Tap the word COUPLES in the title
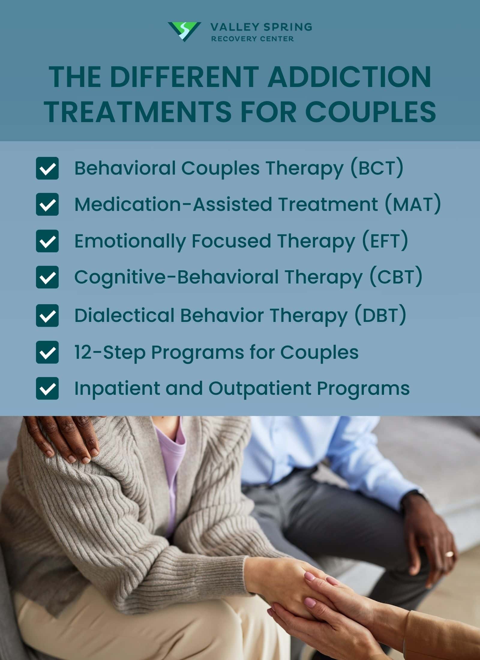(x=370, y=112)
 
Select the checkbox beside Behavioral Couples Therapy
(x=47, y=168)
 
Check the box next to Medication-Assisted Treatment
(x=47, y=204)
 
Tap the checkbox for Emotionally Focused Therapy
(x=47, y=241)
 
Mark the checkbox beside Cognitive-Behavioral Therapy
(x=47, y=277)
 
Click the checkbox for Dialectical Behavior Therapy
(x=47, y=316)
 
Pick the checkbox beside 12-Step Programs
(x=47, y=352)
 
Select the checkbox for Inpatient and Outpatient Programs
(x=47, y=388)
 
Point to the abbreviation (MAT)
(x=413, y=204)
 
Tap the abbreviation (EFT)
(x=385, y=241)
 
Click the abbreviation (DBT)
(x=380, y=316)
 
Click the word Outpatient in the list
(x=260, y=388)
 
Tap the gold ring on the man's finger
(x=449, y=554)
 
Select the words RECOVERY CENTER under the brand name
(x=252, y=39)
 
